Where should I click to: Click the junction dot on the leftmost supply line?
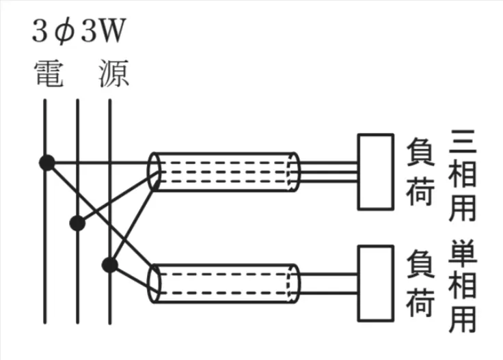[x=46, y=163]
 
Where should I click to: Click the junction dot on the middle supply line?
[x=77, y=223]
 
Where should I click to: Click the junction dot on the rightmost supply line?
[x=109, y=264]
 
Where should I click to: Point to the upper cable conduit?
[x=226, y=171]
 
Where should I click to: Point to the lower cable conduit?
[x=226, y=283]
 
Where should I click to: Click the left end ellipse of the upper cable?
[x=154, y=171]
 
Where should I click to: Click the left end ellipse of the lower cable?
[x=154, y=283]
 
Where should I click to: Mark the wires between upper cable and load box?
[x=329, y=171]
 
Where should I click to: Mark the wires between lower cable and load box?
[x=329, y=283]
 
